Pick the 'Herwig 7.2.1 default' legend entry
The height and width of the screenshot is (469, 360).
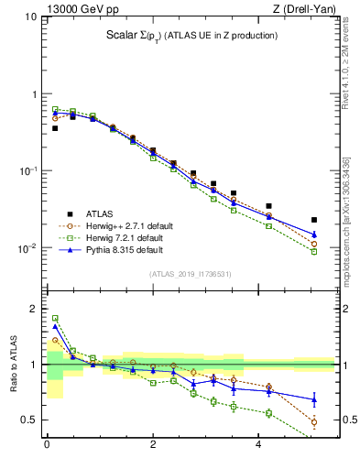[125, 237]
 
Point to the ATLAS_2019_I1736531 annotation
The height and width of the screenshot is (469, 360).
[191, 274]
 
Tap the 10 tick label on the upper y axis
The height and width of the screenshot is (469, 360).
[31, 17]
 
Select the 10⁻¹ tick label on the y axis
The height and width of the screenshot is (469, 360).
[28, 171]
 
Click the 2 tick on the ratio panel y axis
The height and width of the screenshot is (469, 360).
[33, 309]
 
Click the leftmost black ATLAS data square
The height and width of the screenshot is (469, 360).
[55, 128]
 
